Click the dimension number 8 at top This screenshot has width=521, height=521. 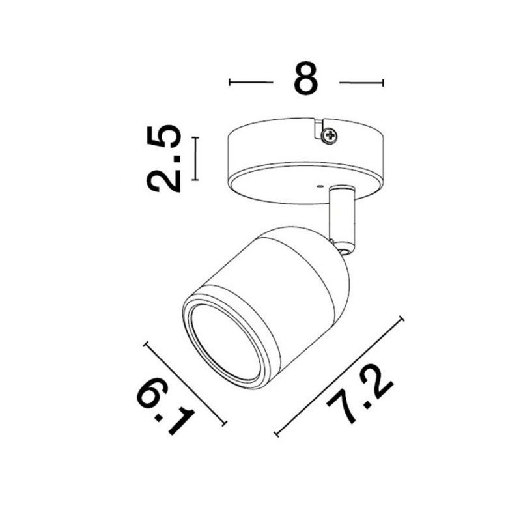[306, 78]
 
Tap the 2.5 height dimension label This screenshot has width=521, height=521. [164, 159]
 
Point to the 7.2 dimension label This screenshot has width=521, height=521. [360, 395]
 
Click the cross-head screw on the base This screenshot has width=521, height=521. [330, 135]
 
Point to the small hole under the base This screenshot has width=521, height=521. [320, 187]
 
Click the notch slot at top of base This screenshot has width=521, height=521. [319, 129]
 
